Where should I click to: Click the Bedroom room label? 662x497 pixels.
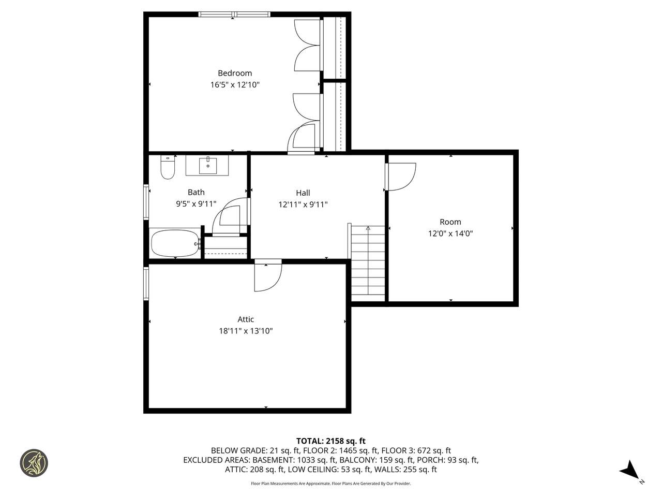(x=235, y=73)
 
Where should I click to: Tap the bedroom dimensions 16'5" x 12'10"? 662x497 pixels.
(x=235, y=85)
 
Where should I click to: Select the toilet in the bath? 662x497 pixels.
(x=168, y=167)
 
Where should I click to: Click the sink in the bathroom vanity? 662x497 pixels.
(x=208, y=165)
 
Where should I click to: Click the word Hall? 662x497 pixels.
(x=303, y=193)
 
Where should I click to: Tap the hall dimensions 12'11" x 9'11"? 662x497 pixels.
(x=303, y=204)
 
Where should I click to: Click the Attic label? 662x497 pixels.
(x=246, y=319)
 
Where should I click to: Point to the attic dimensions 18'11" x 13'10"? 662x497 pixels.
(x=246, y=331)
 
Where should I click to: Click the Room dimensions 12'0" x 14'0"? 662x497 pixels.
(x=450, y=233)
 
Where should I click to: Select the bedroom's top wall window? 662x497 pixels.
(x=234, y=14)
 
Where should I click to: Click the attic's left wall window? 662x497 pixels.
(x=146, y=283)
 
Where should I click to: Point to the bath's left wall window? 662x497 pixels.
(x=146, y=201)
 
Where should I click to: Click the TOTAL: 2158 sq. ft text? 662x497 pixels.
(x=331, y=441)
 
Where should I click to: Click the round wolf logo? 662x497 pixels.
(x=34, y=463)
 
